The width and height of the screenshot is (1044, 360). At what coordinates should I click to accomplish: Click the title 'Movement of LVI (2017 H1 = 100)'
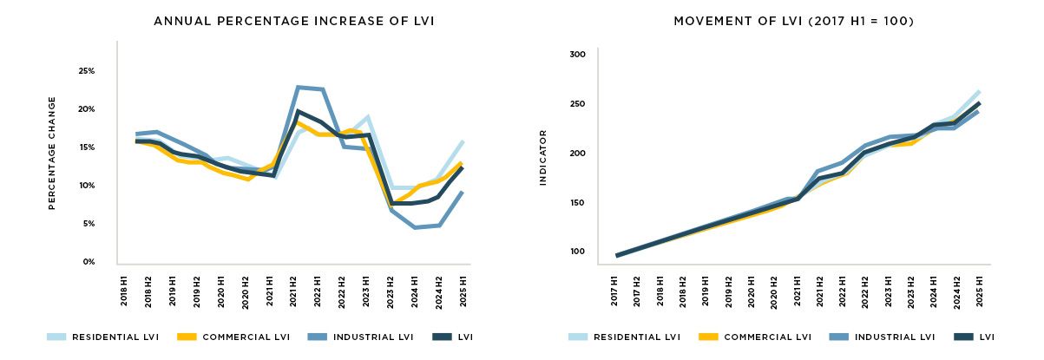(793, 21)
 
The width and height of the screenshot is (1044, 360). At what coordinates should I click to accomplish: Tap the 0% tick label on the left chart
(89, 262)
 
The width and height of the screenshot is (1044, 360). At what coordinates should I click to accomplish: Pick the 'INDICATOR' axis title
(543, 157)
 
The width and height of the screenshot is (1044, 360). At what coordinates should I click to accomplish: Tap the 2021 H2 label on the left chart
(298, 286)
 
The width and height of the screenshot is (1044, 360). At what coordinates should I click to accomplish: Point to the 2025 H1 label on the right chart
(978, 286)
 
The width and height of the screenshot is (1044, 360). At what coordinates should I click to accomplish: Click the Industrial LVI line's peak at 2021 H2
(298, 87)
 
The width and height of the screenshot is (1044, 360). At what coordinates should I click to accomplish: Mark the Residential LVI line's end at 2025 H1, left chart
(462, 141)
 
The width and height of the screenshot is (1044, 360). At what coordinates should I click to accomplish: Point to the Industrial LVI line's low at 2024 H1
(416, 227)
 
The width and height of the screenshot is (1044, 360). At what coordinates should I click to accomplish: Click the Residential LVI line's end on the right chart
(978, 91)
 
